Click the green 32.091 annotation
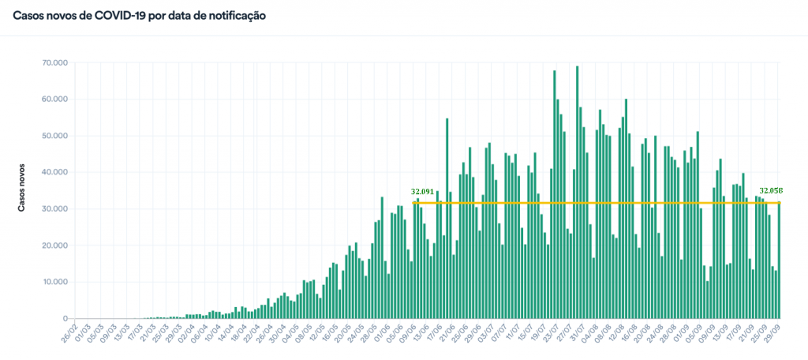coord(423,192)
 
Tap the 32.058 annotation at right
coord(771,191)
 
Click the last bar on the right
coord(780,261)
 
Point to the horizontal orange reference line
coord(592,203)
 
